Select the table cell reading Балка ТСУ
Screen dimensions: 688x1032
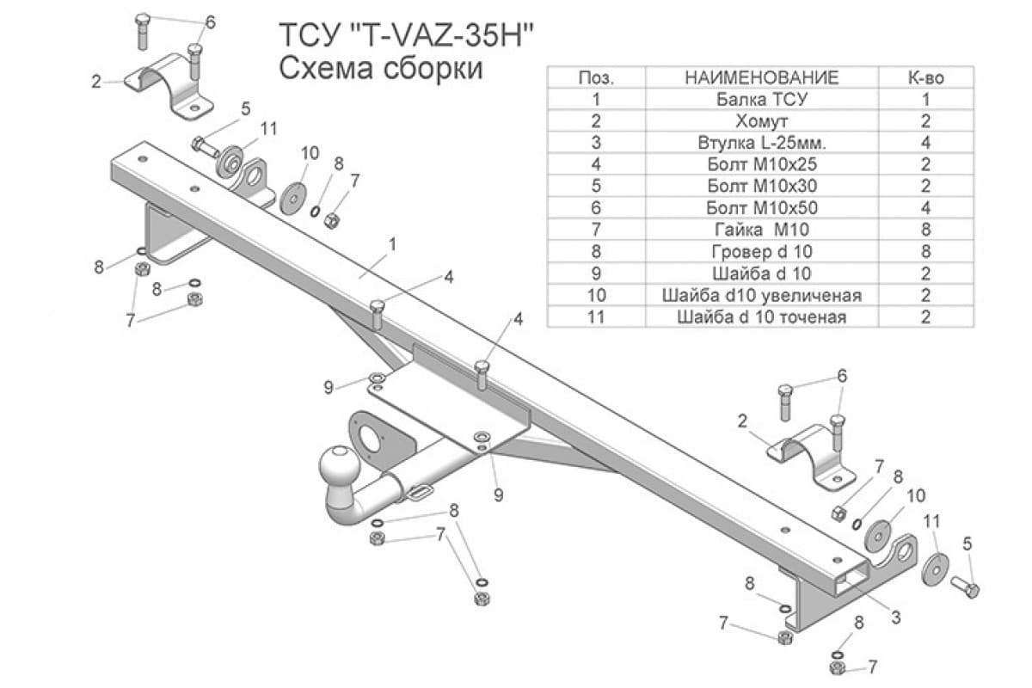coord(761,99)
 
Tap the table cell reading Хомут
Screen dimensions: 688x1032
coord(761,121)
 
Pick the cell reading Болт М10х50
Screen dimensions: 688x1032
coord(761,208)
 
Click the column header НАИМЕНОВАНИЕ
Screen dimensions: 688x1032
coord(761,77)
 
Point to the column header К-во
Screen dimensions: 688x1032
coord(925,77)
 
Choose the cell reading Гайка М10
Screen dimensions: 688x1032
coord(761,230)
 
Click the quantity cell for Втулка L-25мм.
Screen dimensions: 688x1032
coord(925,143)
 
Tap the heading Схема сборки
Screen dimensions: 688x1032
coord(381,69)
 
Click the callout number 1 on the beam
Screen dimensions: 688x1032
coord(391,245)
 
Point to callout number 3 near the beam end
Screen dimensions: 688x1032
coord(895,617)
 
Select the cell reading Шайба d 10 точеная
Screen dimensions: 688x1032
coord(761,317)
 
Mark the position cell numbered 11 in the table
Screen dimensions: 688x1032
coord(597,317)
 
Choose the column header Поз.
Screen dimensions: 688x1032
coord(597,77)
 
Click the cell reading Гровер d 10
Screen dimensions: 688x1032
coord(761,252)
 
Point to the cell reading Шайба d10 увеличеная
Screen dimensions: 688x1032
coord(761,296)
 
